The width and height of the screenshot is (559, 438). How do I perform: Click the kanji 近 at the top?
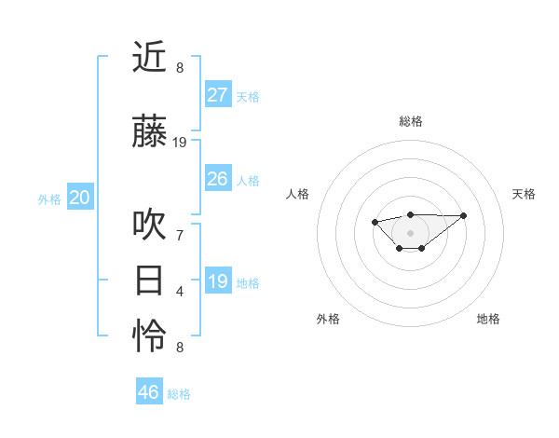tap(149, 58)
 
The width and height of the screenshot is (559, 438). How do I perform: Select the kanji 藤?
tap(149, 134)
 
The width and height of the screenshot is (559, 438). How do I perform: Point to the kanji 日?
tap(149, 281)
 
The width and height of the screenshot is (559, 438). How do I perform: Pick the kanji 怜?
tap(149, 336)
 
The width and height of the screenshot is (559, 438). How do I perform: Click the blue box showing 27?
tap(217, 95)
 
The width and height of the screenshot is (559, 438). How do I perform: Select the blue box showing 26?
tap(217, 179)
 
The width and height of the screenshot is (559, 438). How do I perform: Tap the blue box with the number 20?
tap(80, 198)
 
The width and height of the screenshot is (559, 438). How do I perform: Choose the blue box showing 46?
tap(149, 392)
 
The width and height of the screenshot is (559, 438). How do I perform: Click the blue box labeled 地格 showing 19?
tap(217, 281)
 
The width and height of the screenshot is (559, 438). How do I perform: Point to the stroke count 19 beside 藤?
tap(180, 143)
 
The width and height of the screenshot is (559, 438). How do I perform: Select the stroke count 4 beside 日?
tap(180, 291)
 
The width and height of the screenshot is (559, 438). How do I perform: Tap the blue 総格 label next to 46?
tap(179, 394)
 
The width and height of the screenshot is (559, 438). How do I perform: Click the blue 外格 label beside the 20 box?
tap(49, 199)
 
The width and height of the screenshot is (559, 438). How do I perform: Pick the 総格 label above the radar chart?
tap(410, 121)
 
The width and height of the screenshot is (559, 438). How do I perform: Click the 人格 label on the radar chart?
tap(298, 194)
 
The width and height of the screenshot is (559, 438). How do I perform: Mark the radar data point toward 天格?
tap(464, 215)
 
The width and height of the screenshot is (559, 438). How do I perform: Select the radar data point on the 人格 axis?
tap(375, 222)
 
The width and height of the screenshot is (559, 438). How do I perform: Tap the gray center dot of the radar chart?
tap(410, 233)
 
